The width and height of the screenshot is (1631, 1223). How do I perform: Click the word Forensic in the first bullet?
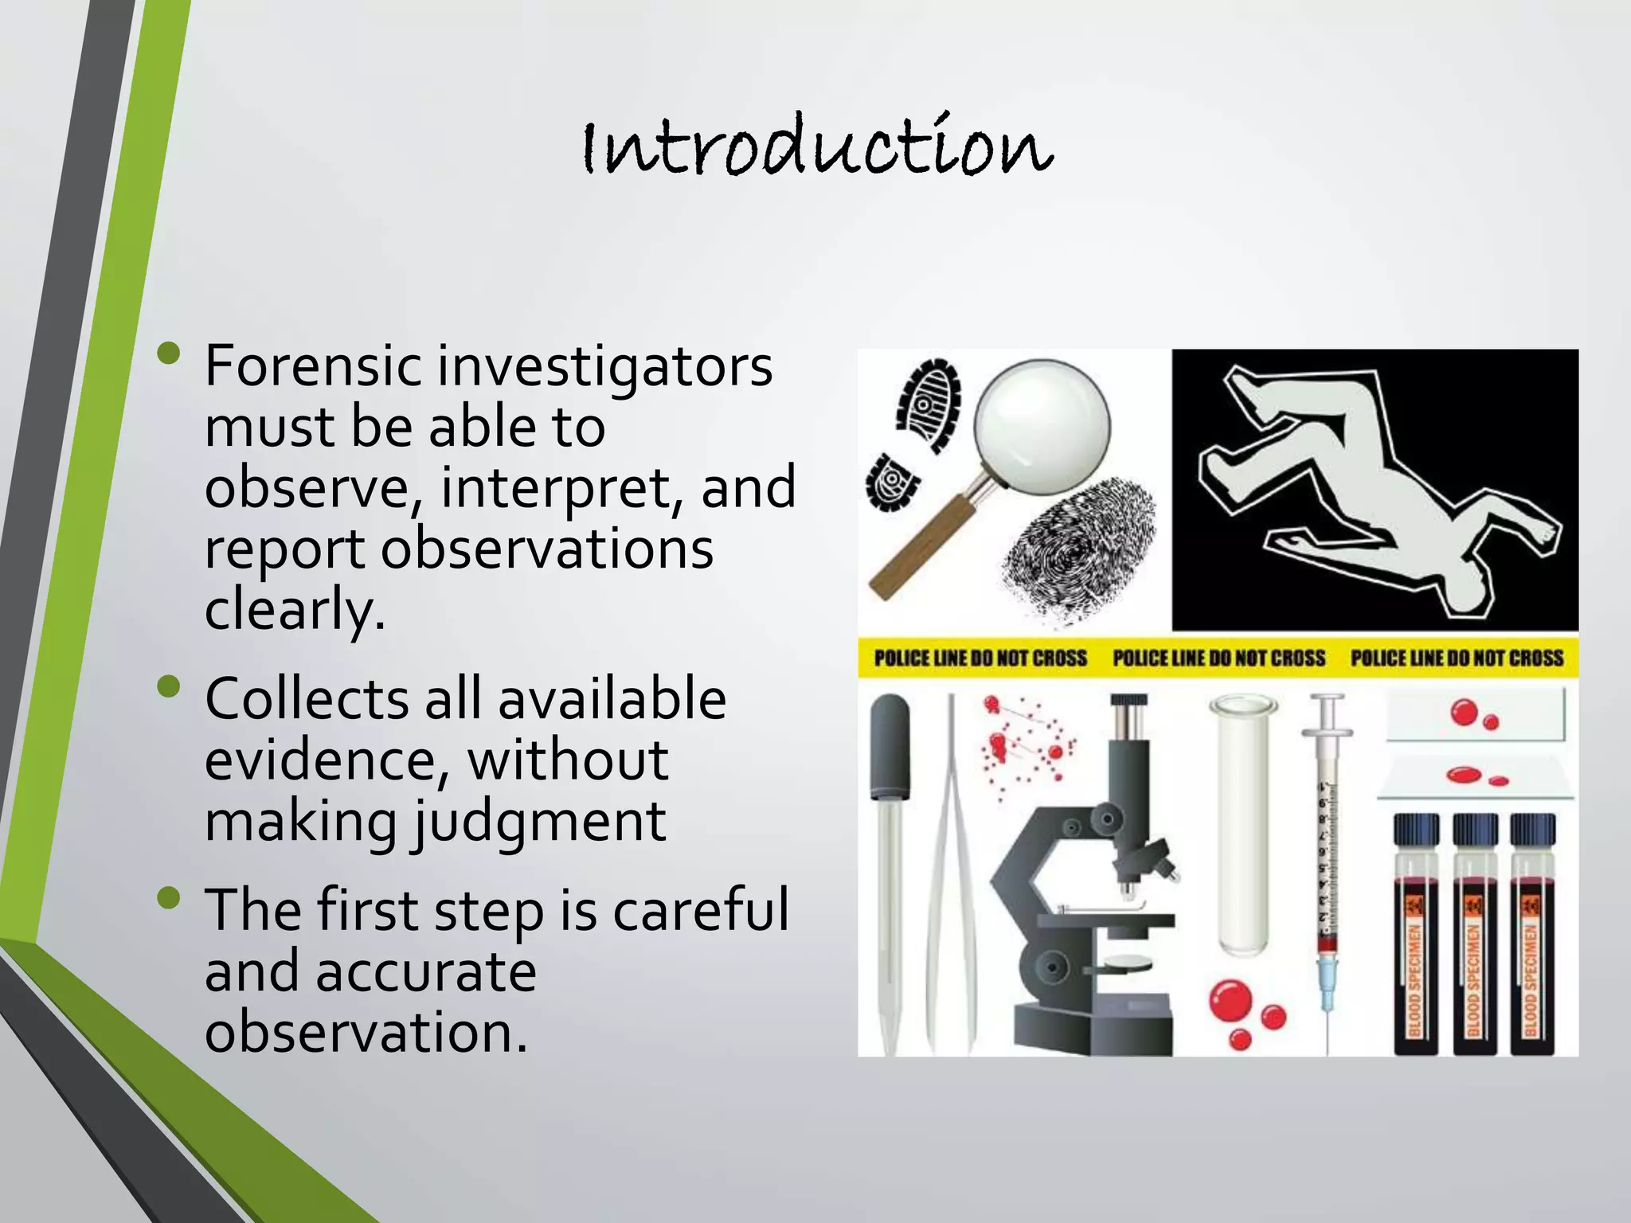312,367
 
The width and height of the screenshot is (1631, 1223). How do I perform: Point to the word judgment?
538,822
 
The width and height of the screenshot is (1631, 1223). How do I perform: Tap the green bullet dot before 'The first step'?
170,899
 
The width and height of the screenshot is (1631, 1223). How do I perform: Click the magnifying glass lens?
1042,423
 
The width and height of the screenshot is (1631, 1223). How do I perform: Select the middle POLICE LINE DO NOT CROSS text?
1218,658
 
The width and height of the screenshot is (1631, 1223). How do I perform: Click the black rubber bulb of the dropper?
890,744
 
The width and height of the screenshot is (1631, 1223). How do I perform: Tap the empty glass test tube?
1242,828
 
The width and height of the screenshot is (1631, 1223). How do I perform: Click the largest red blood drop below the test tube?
1230,1001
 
